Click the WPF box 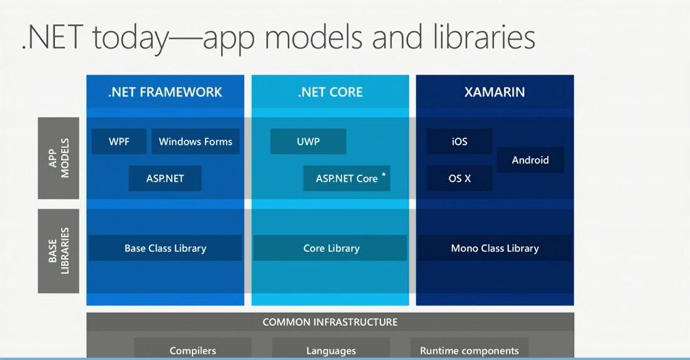click(x=119, y=142)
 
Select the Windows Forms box click(x=195, y=142)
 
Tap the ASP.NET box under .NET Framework click(x=165, y=178)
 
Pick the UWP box click(x=308, y=142)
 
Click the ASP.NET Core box click(x=346, y=178)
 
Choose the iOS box click(x=459, y=142)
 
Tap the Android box click(x=530, y=160)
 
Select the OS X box click(x=459, y=178)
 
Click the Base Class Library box click(x=165, y=248)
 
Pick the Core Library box click(x=331, y=248)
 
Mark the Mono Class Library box click(x=494, y=248)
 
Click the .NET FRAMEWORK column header click(x=165, y=92)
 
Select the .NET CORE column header click(x=330, y=92)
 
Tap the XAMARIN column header click(x=494, y=92)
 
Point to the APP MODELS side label click(x=58, y=158)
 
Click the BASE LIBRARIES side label click(x=58, y=251)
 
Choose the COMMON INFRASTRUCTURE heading click(x=330, y=322)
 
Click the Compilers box click(x=193, y=351)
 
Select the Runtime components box click(x=469, y=351)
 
